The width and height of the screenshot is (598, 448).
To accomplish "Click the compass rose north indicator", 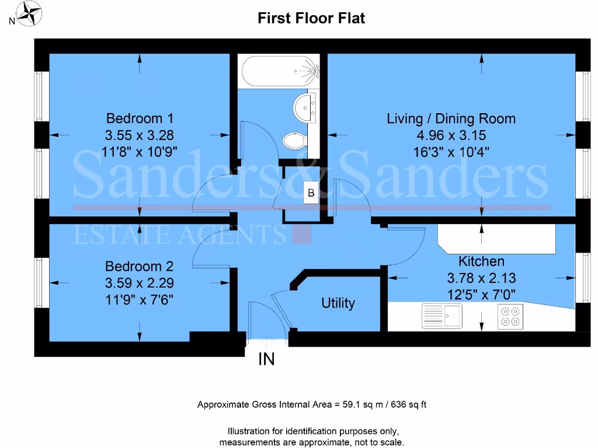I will [x=27, y=15].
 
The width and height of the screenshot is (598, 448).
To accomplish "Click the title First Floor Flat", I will [x=311, y=18].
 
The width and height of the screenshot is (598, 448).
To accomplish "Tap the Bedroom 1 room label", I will [x=139, y=118].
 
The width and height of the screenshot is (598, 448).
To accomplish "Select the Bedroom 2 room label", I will [x=139, y=267].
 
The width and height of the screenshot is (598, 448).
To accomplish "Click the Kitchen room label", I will [x=481, y=261].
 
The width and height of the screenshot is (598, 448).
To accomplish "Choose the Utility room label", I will [x=338, y=303].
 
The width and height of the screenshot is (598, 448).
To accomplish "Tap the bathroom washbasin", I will [x=305, y=107].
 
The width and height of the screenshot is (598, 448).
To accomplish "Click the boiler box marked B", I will [x=311, y=193].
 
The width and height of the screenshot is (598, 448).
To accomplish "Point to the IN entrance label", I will [x=266, y=359].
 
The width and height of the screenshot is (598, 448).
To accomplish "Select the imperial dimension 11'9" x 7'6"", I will [x=139, y=300].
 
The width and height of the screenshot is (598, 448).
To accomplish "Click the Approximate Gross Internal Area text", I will [x=312, y=404].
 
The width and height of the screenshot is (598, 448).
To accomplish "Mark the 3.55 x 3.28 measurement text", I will [x=139, y=135].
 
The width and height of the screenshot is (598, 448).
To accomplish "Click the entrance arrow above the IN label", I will [x=267, y=338].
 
